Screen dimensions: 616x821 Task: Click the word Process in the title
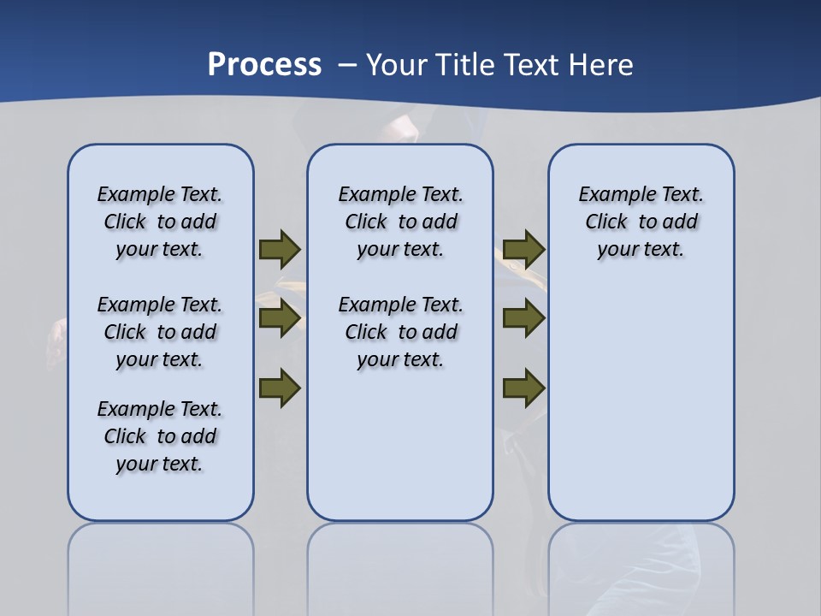(264, 65)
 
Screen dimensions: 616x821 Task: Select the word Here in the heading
(599, 65)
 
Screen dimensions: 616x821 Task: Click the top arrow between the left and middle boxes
(280, 249)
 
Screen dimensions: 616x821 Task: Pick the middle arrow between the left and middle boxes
(280, 319)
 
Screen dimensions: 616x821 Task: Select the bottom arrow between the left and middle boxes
(280, 388)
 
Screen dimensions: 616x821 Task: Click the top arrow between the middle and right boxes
(523, 249)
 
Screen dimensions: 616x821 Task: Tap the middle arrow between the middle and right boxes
(523, 319)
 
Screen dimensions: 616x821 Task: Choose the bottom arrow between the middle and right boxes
(523, 388)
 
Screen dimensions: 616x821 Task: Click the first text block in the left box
(160, 222)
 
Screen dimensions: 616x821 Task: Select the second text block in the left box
(160, 332)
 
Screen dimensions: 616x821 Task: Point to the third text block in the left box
(160, 436)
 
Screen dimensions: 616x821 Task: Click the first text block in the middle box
(400, 222)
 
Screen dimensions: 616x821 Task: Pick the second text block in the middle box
(400, 332)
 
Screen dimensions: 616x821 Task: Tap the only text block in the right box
(641, 222)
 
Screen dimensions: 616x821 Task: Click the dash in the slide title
(347, 65)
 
